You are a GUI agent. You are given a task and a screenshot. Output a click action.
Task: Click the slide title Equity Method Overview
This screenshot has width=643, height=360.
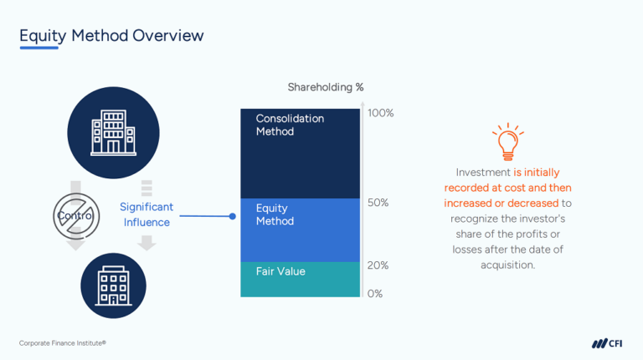coord(111,35)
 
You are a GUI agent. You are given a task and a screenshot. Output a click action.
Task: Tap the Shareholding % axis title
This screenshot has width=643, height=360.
coord(325,87)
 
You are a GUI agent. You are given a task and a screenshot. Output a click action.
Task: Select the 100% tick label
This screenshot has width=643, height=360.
coord(381,113)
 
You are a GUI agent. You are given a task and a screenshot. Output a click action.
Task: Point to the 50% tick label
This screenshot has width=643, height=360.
coord(378,203)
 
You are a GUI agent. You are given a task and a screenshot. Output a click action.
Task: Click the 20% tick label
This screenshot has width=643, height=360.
coord(378,265)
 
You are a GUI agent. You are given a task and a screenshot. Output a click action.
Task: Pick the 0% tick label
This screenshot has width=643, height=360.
coord(374,294)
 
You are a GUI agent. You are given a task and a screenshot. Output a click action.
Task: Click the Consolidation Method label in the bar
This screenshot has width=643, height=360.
coord(290,125)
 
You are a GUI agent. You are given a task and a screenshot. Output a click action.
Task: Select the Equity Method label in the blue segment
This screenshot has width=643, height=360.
coord(275,215)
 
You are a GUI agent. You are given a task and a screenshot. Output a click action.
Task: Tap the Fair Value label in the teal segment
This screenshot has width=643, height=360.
coord(280,271)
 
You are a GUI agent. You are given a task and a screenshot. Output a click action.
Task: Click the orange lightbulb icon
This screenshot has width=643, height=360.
coord(507,142)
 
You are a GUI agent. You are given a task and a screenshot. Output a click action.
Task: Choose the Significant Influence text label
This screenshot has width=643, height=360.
coord(147,214)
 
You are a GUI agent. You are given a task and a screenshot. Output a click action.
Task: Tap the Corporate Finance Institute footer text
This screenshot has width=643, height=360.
coord(63,343)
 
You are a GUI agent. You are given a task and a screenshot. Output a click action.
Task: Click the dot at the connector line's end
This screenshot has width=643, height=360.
coord(233,216)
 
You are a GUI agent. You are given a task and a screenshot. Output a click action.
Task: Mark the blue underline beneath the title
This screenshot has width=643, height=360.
coord(39,49)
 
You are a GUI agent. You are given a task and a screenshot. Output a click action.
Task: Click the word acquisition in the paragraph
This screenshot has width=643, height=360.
coord(507,265)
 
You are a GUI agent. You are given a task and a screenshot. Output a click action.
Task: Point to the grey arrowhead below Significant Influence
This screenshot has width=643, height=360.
coord(147,244)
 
